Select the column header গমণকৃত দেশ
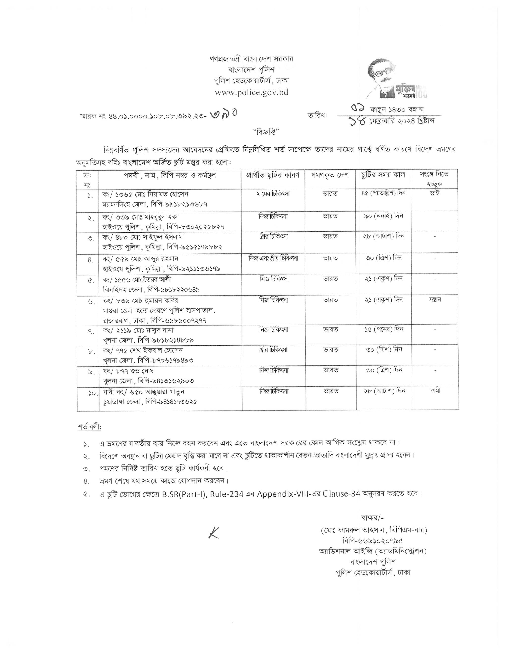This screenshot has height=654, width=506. (x=331, y=175)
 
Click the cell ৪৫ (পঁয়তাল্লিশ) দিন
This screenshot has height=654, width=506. (x=383, y=193)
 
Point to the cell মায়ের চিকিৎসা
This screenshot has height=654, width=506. (x=273, y=194)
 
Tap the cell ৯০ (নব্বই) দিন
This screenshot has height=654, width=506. (x=383, y=216)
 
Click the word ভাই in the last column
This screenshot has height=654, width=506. (x=434, y=193)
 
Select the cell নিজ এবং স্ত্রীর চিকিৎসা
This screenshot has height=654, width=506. (x=273, y=258)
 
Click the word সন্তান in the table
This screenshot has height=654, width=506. (x=435, y=300)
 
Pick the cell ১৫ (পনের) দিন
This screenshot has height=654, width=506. (x=383, y=329)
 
